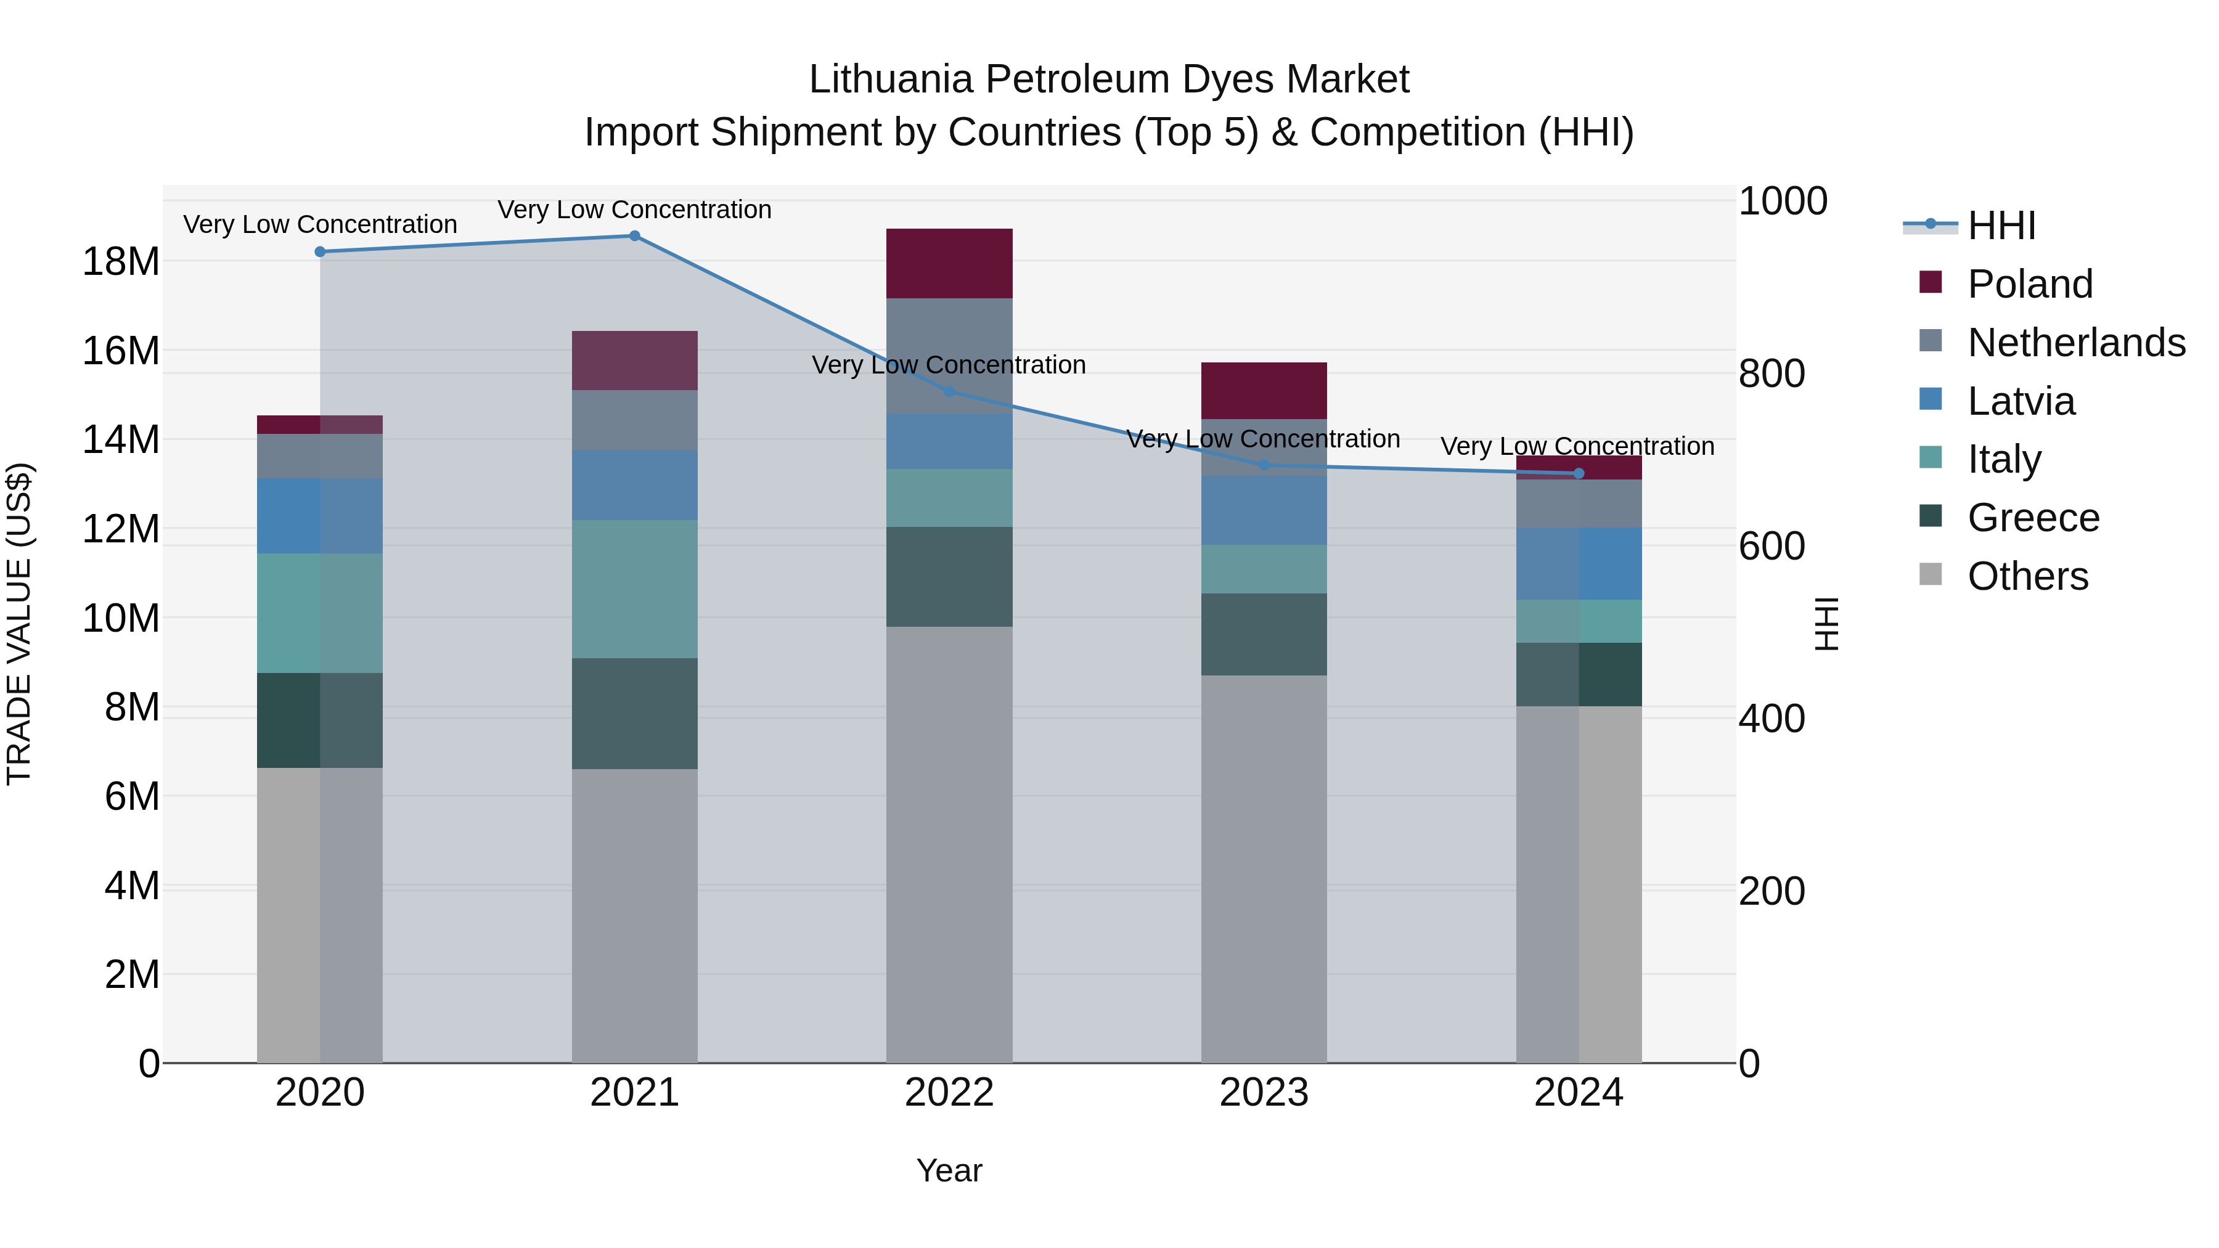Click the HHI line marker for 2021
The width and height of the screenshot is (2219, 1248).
click(x=634, y=236)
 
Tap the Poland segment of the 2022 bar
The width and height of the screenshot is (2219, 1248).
click(x=949, y=264)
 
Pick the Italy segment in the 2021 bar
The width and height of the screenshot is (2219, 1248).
click(x=634, y=589)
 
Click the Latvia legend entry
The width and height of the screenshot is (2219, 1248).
click(x=2021, y=401)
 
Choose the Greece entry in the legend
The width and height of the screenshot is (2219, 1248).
click(x=2033, y=518)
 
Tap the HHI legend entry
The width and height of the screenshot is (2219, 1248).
click(x=2001, y=226)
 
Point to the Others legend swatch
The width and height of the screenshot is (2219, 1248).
click(x=1931, y=574)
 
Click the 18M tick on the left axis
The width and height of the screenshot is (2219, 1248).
click(x=121, y=261)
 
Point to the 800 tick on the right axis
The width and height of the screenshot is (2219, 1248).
click(x=1771, y=374)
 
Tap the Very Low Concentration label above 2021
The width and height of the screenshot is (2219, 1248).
click(x=634, y=210)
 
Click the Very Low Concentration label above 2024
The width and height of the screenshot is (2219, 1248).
click(x=1577, y=446)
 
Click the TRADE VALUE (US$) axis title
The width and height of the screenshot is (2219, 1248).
click(x=20, y=624)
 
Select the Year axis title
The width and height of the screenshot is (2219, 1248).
click(x=949, y=1170)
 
